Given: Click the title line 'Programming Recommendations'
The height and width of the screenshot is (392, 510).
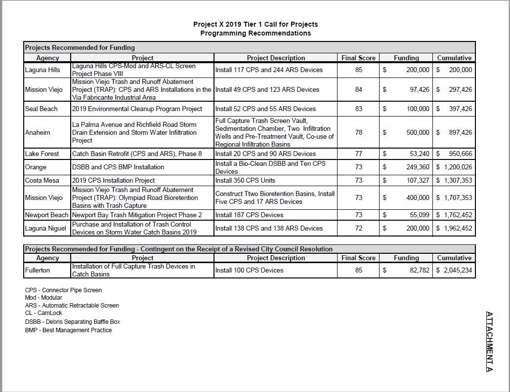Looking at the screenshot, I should click(255, 33).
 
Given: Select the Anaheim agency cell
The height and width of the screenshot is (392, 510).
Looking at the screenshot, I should click(38, 132).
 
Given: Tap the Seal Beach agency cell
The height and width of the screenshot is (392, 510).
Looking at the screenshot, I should click(41, 109).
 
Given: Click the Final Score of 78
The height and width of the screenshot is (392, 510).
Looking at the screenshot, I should click(358, 132).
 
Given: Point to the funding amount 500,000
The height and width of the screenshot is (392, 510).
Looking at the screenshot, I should click(418, 132).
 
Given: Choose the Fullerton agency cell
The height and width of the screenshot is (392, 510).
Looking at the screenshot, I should click(38, 270).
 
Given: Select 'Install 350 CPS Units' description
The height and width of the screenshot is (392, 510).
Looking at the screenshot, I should click(245, 180).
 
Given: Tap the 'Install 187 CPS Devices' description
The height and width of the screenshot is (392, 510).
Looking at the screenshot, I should click(249, 215).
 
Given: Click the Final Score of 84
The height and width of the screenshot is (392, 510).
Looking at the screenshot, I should click(358, 89).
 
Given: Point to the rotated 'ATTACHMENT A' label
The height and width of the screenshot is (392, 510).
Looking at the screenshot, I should click(489, 341).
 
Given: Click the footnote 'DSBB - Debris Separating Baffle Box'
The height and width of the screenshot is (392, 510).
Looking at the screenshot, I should click(72, 322).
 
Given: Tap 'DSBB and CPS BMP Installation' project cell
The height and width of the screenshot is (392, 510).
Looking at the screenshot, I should click(118, 167).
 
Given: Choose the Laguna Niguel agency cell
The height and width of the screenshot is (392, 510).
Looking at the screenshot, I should click(45, 228).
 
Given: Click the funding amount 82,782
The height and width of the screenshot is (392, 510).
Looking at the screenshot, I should click(420, 270).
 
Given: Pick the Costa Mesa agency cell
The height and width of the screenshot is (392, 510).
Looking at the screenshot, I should click(42, 180).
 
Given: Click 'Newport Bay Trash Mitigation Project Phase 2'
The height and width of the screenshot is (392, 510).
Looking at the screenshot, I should click(137, 215).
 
